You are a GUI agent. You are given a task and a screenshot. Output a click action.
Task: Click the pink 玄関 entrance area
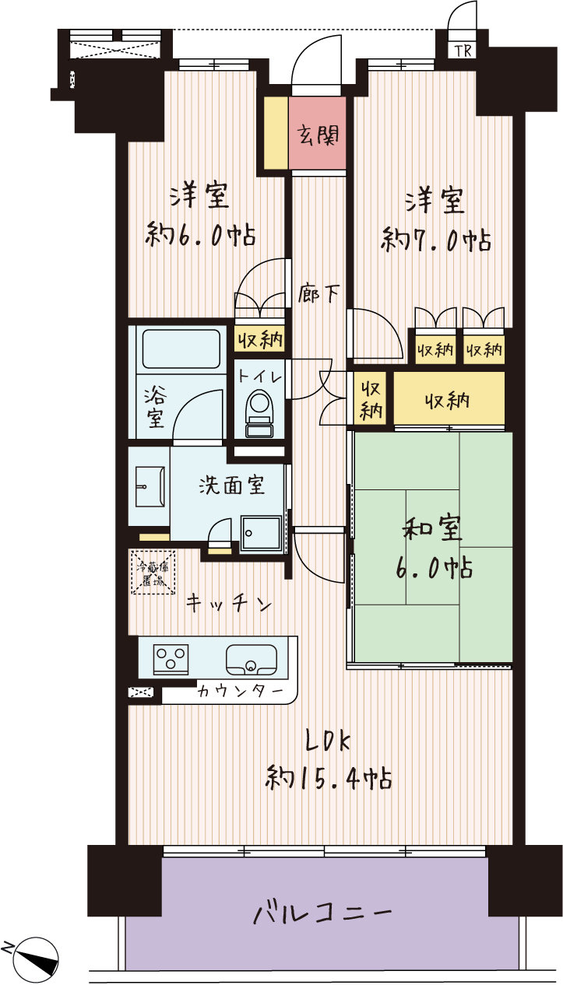coord(317,133)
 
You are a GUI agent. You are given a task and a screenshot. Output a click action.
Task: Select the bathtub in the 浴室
coord(181,349)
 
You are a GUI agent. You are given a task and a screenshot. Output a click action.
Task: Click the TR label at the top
coord(463,51)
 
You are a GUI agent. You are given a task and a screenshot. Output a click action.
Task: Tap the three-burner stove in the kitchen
coord(171,660)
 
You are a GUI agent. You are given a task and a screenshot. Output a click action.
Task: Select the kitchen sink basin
coord(252,660)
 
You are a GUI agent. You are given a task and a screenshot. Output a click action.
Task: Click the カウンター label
coord(240,692)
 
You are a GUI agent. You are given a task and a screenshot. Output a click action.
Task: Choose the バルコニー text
coord(322,913)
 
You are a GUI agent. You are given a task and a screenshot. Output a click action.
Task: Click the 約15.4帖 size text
coord(329,779)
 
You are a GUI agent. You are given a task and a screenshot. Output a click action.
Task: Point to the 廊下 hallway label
coord(318,293)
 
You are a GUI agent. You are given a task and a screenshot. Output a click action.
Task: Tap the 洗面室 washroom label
coord(231,485)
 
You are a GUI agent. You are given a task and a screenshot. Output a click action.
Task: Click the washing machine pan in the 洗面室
coord(261,534)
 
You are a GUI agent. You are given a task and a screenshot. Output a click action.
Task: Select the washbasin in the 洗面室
coord(150,486)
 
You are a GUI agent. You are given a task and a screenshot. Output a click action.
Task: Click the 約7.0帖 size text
coord(436,240)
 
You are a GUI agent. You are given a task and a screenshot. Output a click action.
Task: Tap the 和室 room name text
coord(432,528)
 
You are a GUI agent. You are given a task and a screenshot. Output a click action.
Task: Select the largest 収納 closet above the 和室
coord(449,398)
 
